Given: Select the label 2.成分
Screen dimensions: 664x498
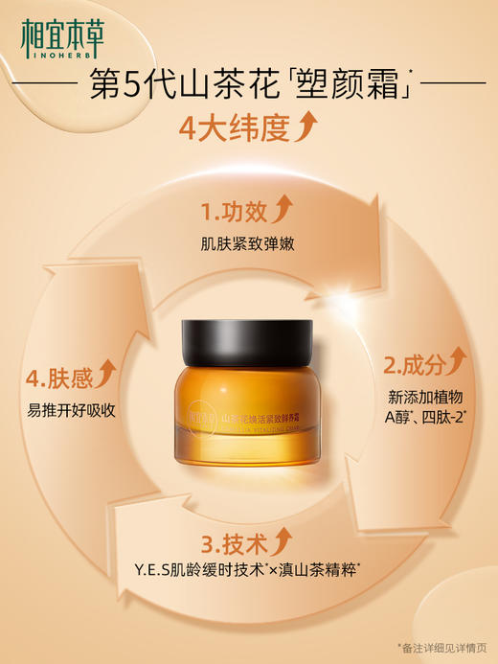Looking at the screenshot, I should (x=414, y=365).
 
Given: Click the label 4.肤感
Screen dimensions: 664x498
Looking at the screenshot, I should (x=58, y=377).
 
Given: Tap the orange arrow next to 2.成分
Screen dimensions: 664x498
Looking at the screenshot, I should (x=457, y=361).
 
